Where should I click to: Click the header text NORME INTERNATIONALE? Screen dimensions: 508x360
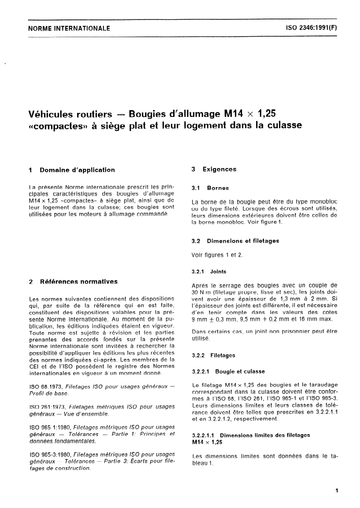pyautogui.click(x=69, y=28)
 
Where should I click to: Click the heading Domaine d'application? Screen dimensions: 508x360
pyautogui.click(x=77, y=170)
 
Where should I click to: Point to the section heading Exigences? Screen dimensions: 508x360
pyautogui.click(x=219, y=169)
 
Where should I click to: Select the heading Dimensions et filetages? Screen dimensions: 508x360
pyautogui.click(x=243, y=241)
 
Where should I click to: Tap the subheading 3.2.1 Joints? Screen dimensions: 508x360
pyautogui.click(x=209, y=272)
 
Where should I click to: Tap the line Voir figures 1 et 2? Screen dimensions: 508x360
pyautogui.click(x=217, y=255)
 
